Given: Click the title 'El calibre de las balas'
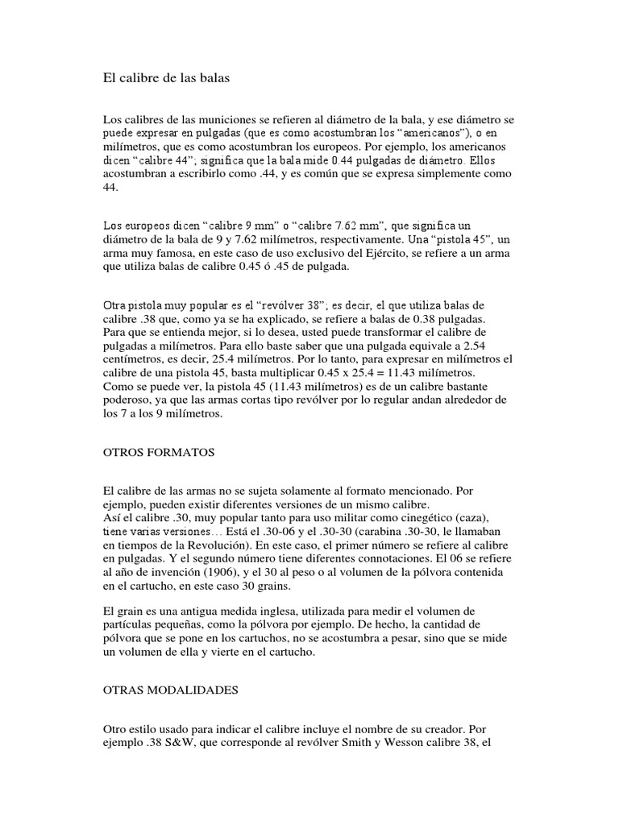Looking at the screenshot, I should pyautogui.click(x=167, y=78).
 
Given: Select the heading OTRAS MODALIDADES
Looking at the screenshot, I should pyautogui.click(x=171, y=690).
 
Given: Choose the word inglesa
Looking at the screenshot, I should pyautogui.click(x=278, y=610).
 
